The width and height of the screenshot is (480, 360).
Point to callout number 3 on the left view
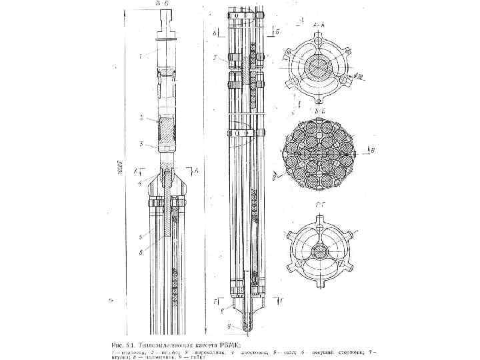(x=141, y=144)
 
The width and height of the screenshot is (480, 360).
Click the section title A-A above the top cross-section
(x=319, y=25)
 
